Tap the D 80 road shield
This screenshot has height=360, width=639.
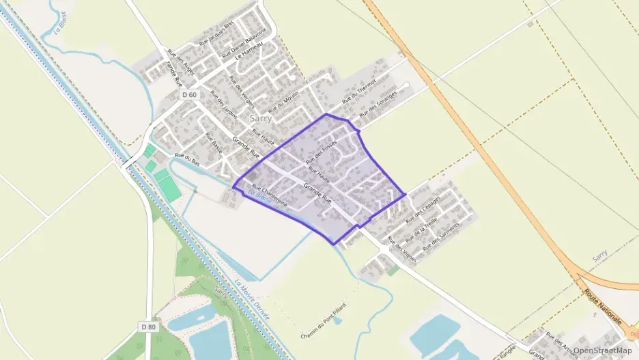149,327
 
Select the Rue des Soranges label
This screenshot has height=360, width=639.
378,103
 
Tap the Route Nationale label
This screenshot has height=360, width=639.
602,305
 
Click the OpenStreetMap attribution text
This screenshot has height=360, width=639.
602,350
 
